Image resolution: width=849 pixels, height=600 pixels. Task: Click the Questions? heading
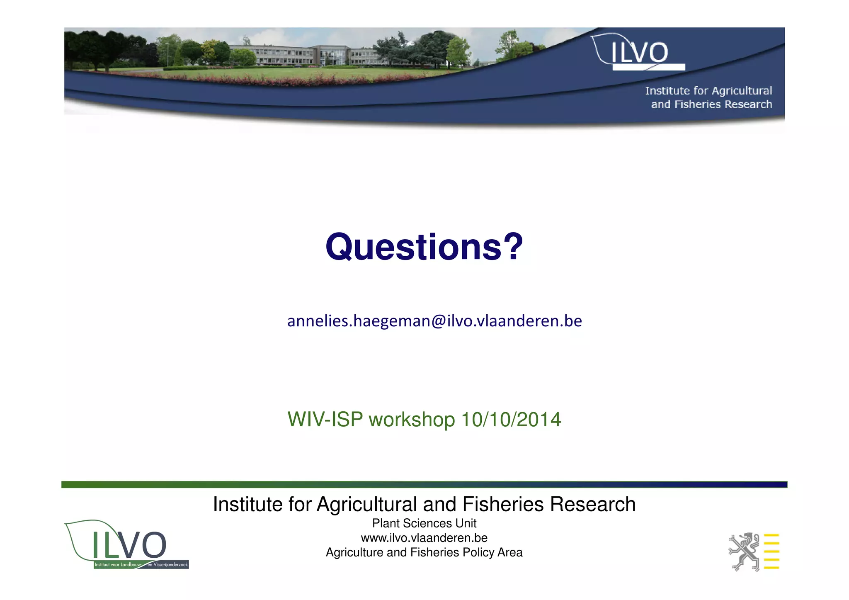click(424, 247)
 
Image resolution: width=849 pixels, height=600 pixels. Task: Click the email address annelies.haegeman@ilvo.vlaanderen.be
click(434, 321)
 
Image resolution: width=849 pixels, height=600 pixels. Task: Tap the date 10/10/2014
click(511, 419)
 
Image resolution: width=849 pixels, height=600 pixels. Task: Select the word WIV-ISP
click(325, 419)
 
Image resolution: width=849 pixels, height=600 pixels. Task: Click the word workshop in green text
click(412, 420)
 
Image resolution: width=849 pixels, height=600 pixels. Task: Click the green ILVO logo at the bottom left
click(126, 544)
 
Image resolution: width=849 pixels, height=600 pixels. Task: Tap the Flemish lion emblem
click(744, 552)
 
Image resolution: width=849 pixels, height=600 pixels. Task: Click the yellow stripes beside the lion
click(771, 552)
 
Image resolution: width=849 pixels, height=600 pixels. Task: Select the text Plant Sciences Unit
click(424, 523)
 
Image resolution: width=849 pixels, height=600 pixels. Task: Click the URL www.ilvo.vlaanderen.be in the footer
click(424, 538)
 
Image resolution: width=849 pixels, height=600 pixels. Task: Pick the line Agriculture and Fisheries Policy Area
click(424, 552)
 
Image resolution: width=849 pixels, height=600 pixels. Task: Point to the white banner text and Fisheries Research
click(711, 104)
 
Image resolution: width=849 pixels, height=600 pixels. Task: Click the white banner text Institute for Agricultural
click(708, 91)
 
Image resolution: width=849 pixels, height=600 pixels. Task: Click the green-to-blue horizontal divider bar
click(424, 484)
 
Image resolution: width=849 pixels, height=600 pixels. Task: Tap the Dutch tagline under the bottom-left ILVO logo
click(141, 565)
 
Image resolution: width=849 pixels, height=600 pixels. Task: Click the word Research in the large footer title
click(592, 505)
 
